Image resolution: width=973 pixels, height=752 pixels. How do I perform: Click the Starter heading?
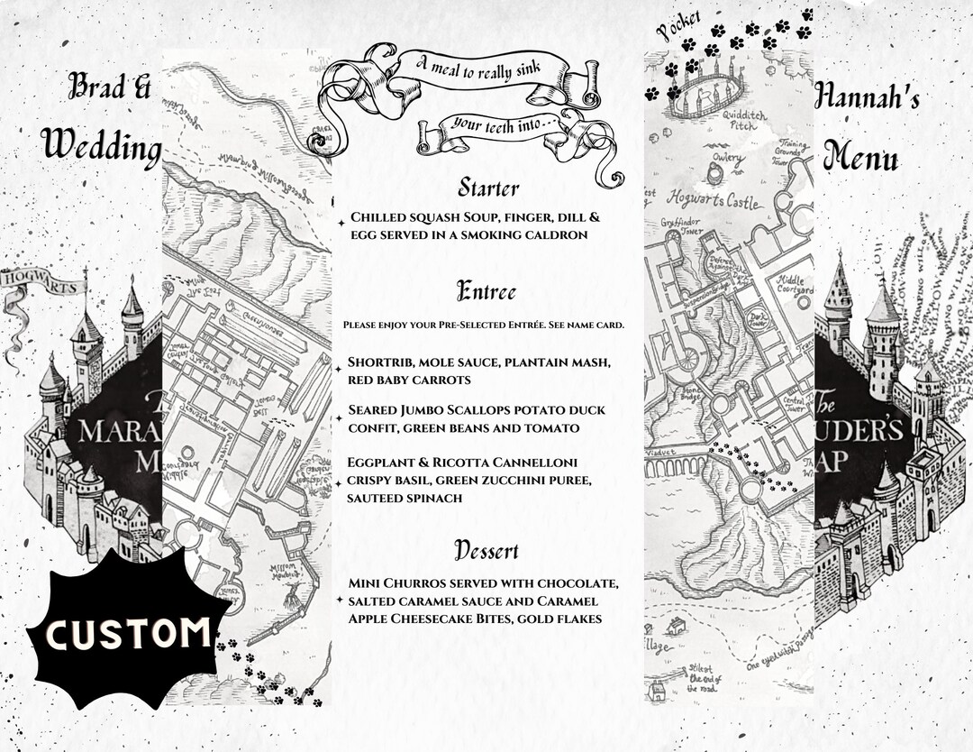pyautogui.click(x=487, y=188)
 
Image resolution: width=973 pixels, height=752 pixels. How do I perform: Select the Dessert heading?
pyautogui.click(x=486, y=549)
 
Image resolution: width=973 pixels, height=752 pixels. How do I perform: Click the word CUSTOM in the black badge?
pyautogui.click(x=126, y=634)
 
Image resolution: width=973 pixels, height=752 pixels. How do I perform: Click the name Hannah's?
pyautogui.click(x=867, y=96)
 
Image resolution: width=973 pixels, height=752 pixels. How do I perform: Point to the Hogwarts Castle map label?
pyautogui.click(x=711, y=198)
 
